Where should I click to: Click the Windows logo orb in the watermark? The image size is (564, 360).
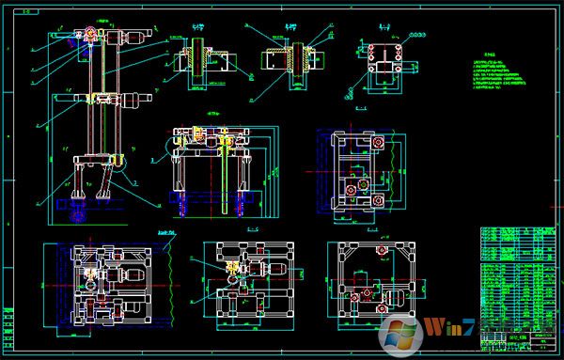(399, 333)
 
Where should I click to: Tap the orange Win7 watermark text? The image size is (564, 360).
(443, 327)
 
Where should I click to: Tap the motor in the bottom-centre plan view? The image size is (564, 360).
(274, 271)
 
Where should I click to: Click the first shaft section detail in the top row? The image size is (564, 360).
(197, 57)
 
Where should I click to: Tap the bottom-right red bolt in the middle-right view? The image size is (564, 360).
(381, 199)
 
